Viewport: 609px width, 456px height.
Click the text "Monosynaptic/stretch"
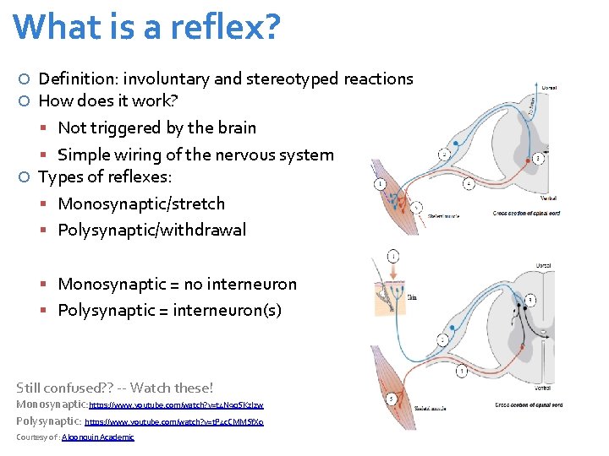click(x=141, y=204)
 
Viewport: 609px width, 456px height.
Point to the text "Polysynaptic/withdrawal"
click(x=151, y=230)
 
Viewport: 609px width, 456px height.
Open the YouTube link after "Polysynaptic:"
click(x=174, y=421)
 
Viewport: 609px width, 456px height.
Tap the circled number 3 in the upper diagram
click(x=538, y=158)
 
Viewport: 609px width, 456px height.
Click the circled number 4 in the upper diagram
click(x=469, y=183)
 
